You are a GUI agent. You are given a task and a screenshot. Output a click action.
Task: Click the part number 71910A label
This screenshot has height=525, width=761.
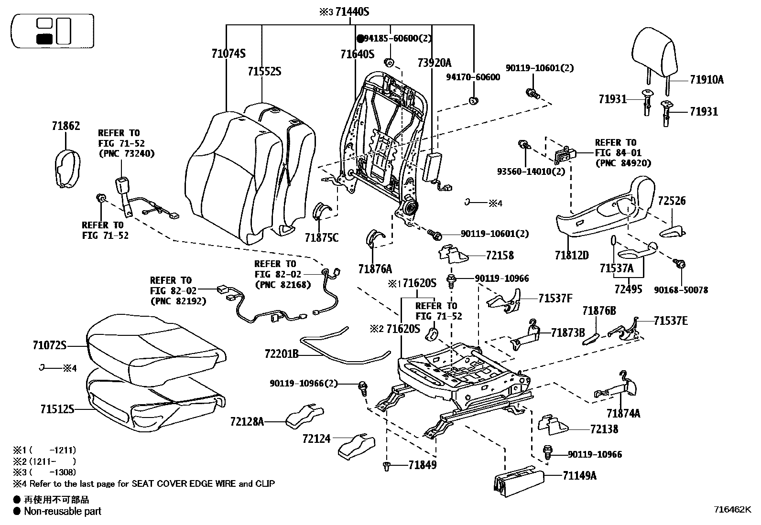click(707, 80)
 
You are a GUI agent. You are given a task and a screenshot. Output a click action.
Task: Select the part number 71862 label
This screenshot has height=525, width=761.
click(65, 126)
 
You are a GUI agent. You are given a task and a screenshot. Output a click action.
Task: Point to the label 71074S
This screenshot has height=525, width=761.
click(228, 54)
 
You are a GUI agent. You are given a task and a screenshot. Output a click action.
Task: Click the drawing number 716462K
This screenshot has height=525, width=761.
click(733, 509)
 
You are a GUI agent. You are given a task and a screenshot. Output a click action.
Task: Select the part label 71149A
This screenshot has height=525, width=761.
click(579, 475)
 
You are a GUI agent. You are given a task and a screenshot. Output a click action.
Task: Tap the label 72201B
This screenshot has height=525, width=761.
click(281, 354)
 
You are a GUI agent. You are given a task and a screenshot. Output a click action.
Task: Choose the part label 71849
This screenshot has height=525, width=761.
click(422, 464)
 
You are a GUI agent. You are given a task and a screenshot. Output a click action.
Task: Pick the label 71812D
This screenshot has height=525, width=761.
click(572, 256)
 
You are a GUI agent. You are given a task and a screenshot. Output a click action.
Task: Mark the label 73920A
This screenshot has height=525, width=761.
click(434, 63)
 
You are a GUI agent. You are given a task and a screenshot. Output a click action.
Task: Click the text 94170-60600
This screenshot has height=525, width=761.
click(473, 77)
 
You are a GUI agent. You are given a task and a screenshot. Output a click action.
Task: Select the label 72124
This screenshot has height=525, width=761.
click(316, 438)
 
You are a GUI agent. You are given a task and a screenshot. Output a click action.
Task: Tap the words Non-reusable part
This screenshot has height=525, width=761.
click(63, 511)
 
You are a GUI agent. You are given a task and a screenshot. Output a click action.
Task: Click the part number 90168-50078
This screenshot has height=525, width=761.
click(681, 290)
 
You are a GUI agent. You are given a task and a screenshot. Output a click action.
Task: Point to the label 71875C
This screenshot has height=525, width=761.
click(321, 237)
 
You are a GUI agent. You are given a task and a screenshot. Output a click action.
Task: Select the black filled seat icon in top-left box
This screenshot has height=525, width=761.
click(44, 39)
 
